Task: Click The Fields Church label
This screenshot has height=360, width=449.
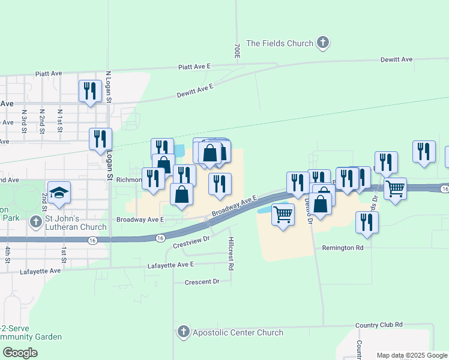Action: point(280,43)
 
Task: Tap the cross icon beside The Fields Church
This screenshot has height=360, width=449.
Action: point(323,43)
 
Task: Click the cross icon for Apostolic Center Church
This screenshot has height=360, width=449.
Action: point(184,332)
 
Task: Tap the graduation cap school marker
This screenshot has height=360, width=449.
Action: point(59,193)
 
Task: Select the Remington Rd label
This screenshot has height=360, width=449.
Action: point(343,247)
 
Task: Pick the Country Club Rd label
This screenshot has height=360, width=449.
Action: point(379,325)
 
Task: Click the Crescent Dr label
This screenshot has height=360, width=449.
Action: point(202,281)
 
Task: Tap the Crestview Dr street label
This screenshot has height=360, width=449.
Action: point(190,242)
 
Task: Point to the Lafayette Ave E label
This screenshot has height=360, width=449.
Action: point(170,265)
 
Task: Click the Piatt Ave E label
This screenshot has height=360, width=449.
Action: point(194,67)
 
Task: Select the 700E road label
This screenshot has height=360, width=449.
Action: point(237,50)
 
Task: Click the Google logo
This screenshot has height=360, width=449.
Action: point(20,353)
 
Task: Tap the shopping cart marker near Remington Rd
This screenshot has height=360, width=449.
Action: point(283,214)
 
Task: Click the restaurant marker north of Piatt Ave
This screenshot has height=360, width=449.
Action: point(90,91)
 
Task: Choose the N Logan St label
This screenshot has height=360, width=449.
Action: point(109,86)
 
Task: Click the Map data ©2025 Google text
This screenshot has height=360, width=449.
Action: point(412,355)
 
